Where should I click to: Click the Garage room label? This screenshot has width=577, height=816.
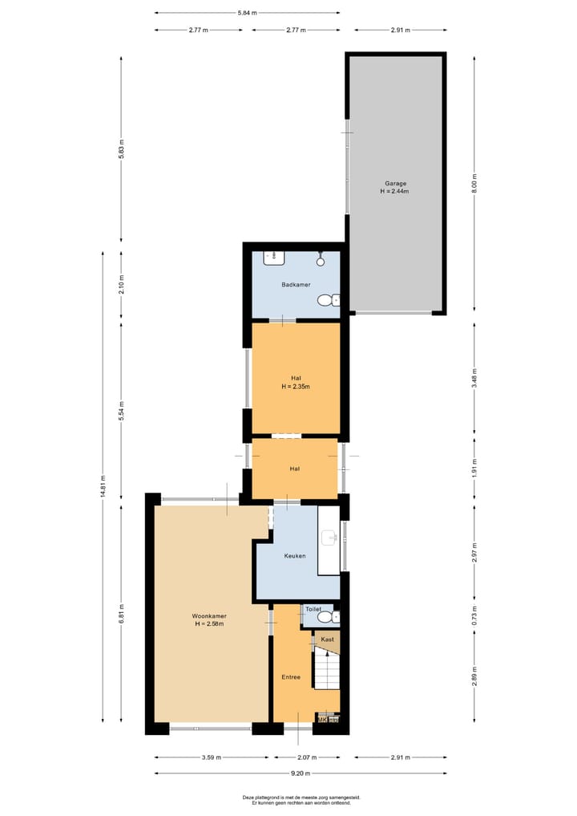(x=394, y=183)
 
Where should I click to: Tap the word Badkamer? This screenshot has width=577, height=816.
(x=296, y=285)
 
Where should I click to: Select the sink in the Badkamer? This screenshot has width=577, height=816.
(x=274, y=258)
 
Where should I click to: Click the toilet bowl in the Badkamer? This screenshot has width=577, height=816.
(x=326, y=300)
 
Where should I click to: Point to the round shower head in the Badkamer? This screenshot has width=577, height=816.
(x=321, y=260)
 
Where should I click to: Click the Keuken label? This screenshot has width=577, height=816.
(x=294, y=555)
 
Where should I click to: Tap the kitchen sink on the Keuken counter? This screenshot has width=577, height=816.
(x=329, y=538)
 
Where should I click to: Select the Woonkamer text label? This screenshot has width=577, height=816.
(x=209, y=616)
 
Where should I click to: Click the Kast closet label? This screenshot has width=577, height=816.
(x=327, y=639)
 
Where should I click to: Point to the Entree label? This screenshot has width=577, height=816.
(x=291, y=677)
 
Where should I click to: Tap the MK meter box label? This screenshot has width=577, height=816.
(x=323, y=720)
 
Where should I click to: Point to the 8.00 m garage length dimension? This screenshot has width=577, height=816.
(x=474, y=182)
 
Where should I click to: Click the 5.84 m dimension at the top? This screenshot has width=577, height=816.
(x=248, y=13)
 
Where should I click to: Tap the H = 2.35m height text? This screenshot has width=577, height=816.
(x=295, y=387)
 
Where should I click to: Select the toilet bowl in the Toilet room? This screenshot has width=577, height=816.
(x=333, y=618)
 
